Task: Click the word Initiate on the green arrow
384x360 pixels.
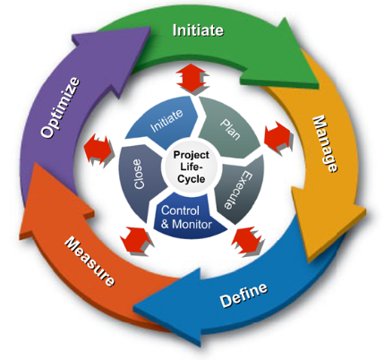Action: click(x=198, y=30)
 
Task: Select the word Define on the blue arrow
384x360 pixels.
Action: click(x=243, y=295)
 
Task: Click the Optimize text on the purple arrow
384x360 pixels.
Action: click(x=61, y=107)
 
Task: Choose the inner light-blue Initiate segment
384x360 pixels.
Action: click(x=162, y=123)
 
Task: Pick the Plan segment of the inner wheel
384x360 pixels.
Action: click(x=230, y=128)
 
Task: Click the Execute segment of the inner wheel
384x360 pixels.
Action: click(x=240, y=191)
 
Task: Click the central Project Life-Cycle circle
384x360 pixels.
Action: click(x=192, y=167)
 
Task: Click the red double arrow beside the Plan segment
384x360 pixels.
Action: click(x=277, y=138)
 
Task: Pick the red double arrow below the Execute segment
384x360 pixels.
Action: click(x=247, y=241)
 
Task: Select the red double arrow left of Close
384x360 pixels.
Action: click(x=98, y=150)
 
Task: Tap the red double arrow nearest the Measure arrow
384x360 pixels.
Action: click(x=137, y=241)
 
